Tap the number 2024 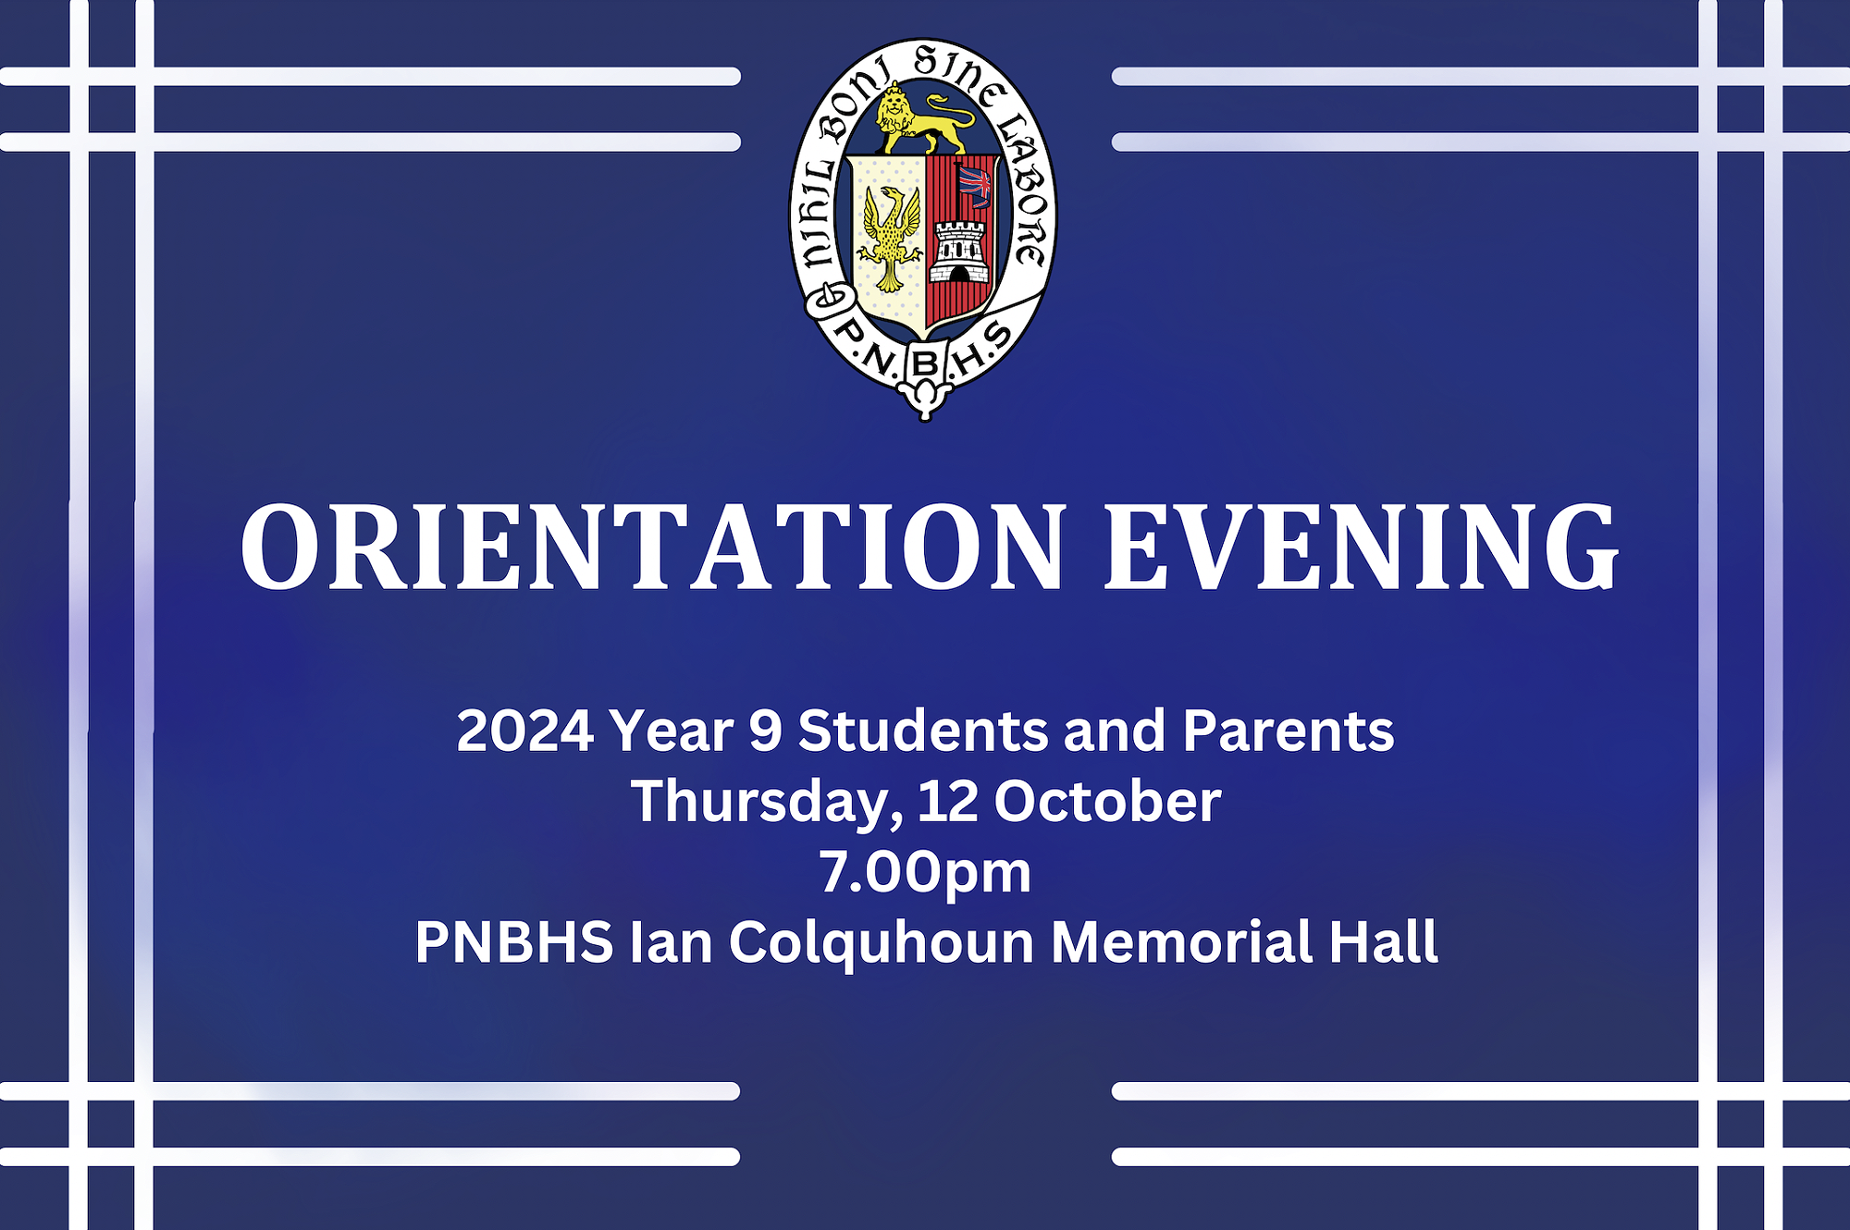[524, 731]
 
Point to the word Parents [1288, 730]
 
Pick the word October [1107, 801]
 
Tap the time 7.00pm [925, 874]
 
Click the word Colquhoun [882, 943]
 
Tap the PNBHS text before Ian [514, 942]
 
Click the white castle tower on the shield [959, 252]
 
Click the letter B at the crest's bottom [925, 363]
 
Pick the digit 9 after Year [766, 731]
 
